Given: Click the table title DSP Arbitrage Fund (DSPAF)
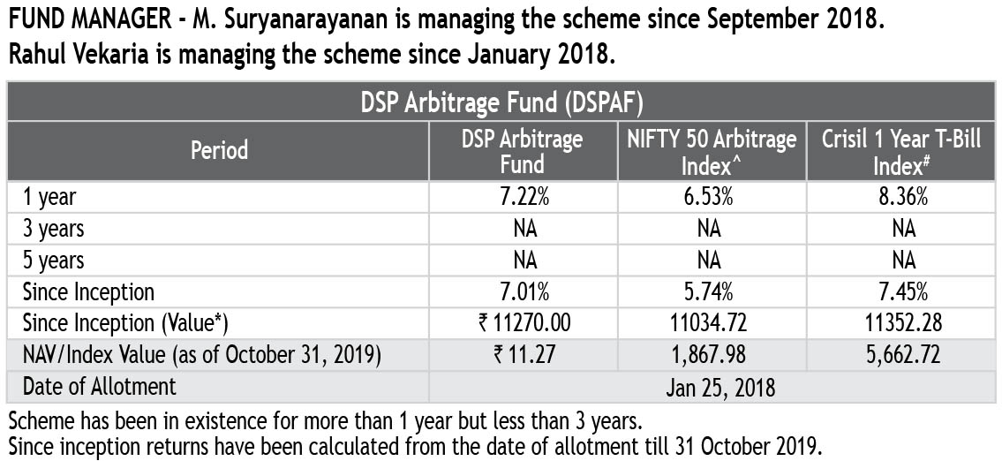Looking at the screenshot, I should click(x=501, y=102).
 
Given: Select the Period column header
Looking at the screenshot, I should click(x=219, y=150).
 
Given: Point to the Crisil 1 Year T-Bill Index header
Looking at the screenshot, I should click(x=901, y=151).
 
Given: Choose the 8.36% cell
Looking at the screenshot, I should click(x=902, y=197).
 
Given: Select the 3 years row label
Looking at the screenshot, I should click(x=54, y=229).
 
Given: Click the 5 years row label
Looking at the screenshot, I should click(x=54, y=261).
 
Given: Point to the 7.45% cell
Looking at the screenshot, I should click(x=902, y=291).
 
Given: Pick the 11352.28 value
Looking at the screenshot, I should click(x=902, y=323).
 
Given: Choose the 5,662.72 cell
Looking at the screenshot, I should click(x=902, y=355).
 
